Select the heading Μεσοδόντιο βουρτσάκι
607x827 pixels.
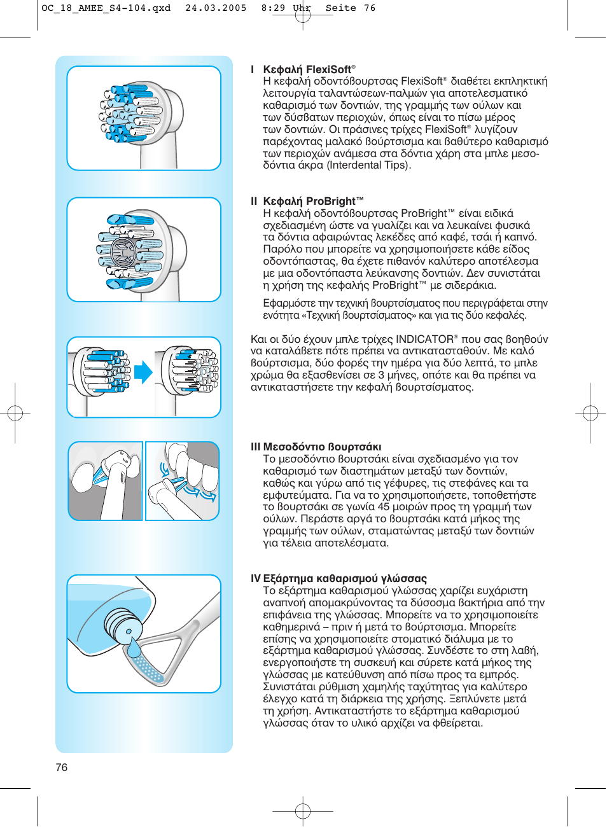click(322, 447)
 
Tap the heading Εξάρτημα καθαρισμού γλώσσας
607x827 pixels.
click(345, 578)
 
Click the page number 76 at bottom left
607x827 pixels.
click(62, 767)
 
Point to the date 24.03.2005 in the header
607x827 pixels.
click(216, 8)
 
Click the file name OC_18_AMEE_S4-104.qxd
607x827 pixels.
click(106, 8)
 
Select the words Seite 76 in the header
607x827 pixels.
click(351, 8)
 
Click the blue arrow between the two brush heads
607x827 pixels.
click(143, 372)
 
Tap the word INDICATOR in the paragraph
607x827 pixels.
click(424, 339)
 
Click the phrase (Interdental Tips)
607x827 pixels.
click(369, 165)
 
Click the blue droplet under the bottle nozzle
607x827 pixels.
click(134, 648)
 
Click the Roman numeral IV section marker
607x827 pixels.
click(255, 578)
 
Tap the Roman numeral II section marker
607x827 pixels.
click(254, 201)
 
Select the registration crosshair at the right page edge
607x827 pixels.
click(590, 413)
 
